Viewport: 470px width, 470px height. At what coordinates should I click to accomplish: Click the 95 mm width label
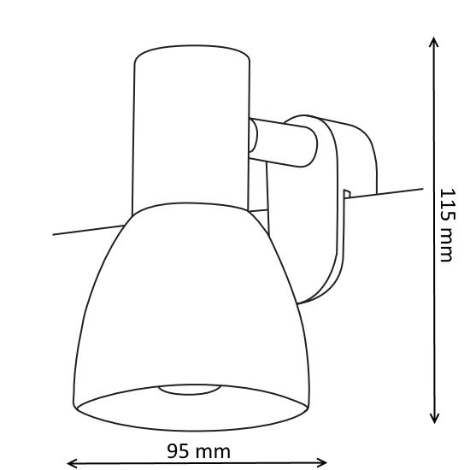(x=198, y=449)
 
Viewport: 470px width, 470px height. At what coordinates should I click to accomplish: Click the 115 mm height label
(x=446, y=226)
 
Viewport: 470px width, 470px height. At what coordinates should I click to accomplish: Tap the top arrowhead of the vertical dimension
(x=435, y=41)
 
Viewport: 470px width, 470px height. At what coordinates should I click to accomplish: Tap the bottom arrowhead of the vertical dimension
(x=435, y=419)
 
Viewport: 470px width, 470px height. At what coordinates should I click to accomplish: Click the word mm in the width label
(x=212, y=449)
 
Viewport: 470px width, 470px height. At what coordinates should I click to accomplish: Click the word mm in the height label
(x=446, y=248)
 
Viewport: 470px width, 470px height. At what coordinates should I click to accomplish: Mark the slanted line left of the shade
(x=85, y=229)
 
